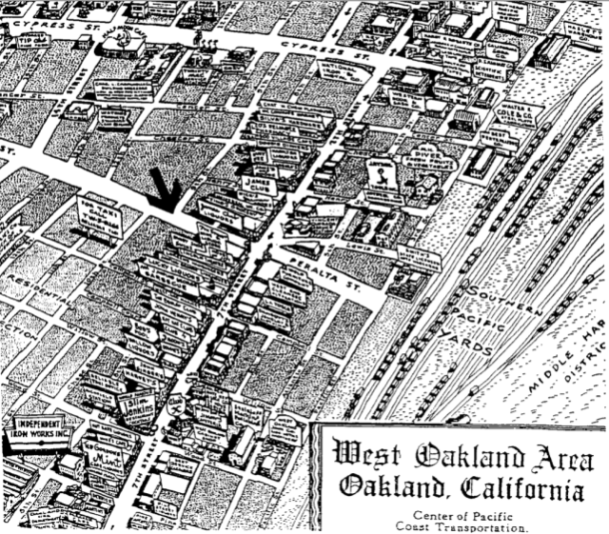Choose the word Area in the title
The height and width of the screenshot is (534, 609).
coord(551,453)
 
